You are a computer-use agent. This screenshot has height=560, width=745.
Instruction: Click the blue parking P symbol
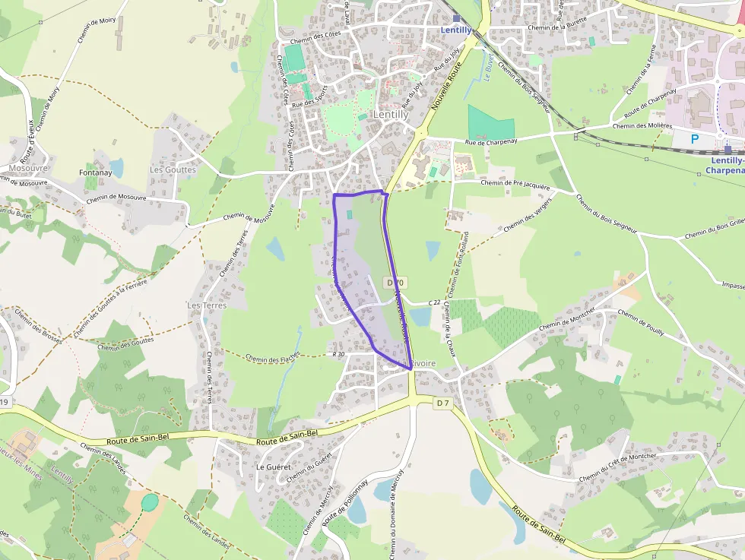click(x=694, y=139)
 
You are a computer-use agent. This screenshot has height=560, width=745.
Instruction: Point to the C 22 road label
click(x=434, y=303)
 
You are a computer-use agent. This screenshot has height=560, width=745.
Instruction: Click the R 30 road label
click(x=338, y=354)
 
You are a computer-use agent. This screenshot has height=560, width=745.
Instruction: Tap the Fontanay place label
click(x=95, y=173)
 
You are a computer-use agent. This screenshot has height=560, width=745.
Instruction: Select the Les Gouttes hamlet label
click(x=173, y=169)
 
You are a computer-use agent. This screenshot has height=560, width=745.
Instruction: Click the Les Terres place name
click(x=207, y=305)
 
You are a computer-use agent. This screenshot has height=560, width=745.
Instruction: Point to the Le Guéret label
click(x=271, y=466)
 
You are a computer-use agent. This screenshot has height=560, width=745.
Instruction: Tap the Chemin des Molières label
click(x=644, y=125)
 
